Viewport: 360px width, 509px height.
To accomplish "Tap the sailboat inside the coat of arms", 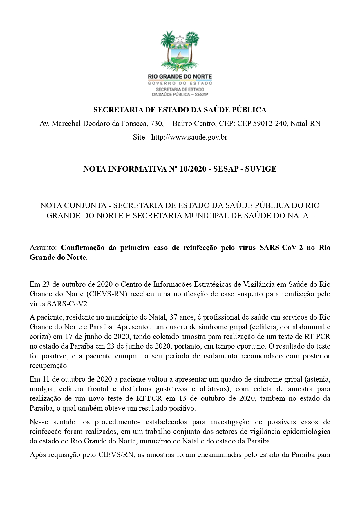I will pos(180,55).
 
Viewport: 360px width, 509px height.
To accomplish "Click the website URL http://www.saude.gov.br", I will pos(189,137).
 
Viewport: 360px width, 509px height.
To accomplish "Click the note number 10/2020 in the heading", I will pos(193,169).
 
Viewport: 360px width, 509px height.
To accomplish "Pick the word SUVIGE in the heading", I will pos(260,169).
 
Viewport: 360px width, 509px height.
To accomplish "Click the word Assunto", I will pos(43,248).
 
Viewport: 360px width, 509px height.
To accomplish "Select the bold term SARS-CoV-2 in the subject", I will pos(282,248).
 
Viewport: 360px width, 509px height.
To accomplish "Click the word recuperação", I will pos(49,366).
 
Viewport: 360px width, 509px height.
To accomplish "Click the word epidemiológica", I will pos(308,432).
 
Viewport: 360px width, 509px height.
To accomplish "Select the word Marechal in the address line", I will pos(66,124).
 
